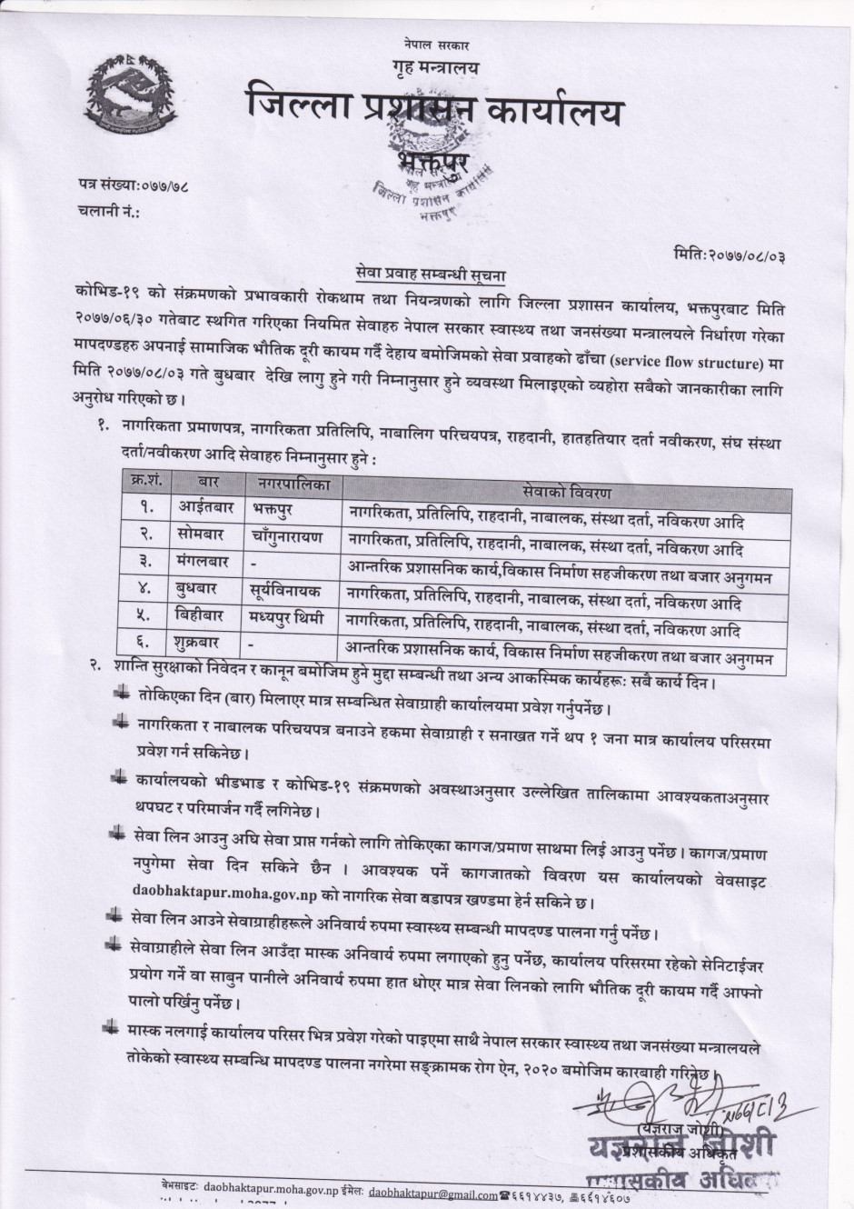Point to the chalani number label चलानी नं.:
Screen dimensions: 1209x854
click(x=109, y=212)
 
